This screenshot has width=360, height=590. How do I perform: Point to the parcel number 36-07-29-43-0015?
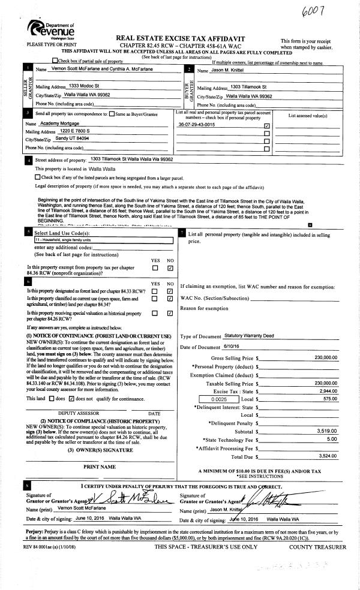pos(197,125)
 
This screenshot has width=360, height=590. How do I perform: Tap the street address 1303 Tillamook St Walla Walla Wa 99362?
pos(131,159)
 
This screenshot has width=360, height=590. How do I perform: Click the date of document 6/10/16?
pos(231,347)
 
